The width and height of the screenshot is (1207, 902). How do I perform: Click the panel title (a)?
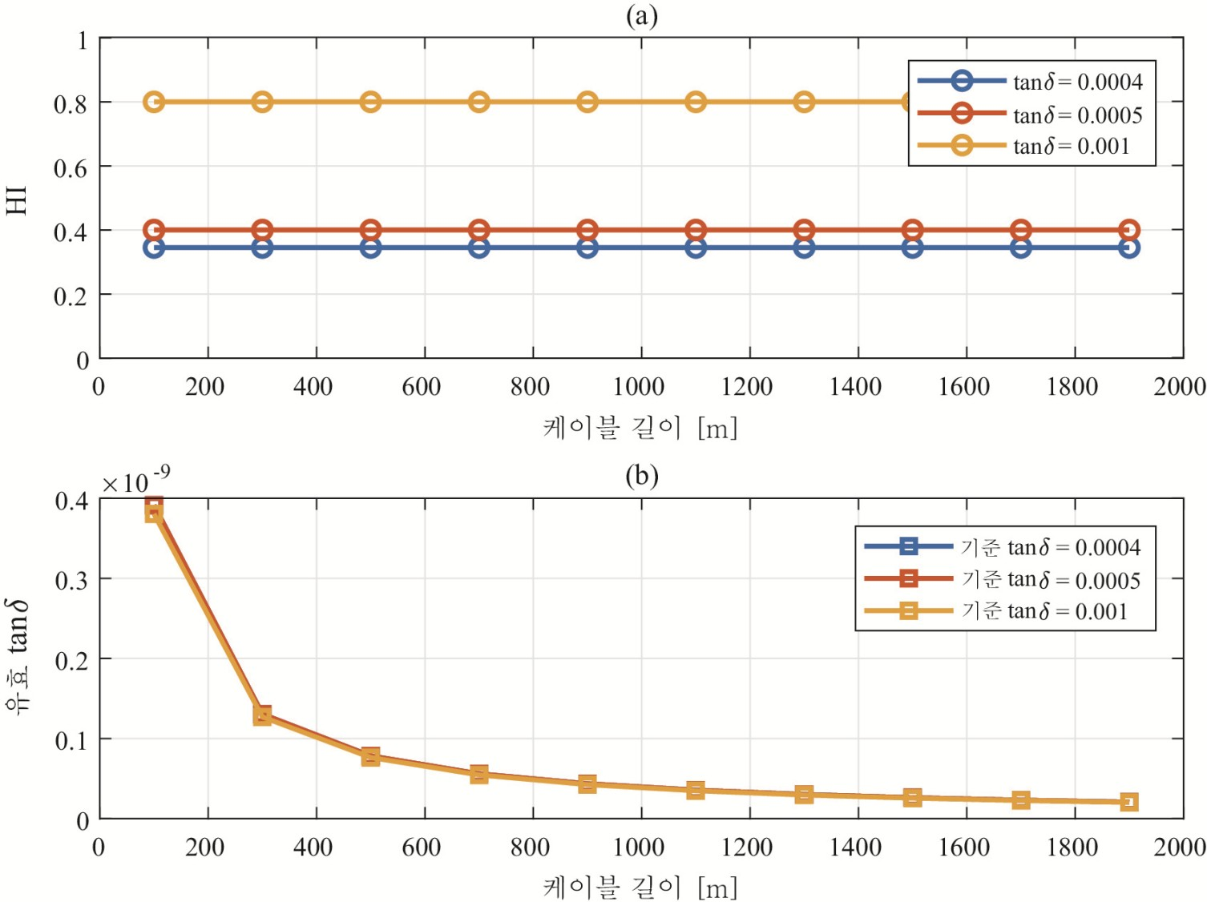[641, 15]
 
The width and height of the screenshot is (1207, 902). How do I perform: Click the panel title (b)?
[641, 476]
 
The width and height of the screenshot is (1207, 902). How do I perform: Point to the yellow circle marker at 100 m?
[154, 102]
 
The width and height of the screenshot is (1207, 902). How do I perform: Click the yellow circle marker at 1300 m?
[804, 102]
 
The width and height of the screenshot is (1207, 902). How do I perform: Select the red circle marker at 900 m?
[587, 230]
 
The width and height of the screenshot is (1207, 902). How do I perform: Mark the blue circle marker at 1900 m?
[1128, 248]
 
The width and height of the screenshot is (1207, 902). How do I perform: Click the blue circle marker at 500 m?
[370, 248]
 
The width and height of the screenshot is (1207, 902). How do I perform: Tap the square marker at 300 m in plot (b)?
[262, 715]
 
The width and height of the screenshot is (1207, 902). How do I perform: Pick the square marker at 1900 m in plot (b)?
[1128, 802]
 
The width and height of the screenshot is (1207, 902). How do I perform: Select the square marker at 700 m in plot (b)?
[479, 775]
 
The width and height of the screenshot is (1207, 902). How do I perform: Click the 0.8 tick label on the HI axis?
[70, 103]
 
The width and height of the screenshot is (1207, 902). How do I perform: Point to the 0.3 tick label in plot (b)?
[71, 580]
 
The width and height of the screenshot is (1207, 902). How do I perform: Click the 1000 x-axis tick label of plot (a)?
[639, 387]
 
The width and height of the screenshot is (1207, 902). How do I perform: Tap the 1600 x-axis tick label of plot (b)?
[964, 848]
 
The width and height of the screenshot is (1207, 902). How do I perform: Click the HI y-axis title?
[17, 199]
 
